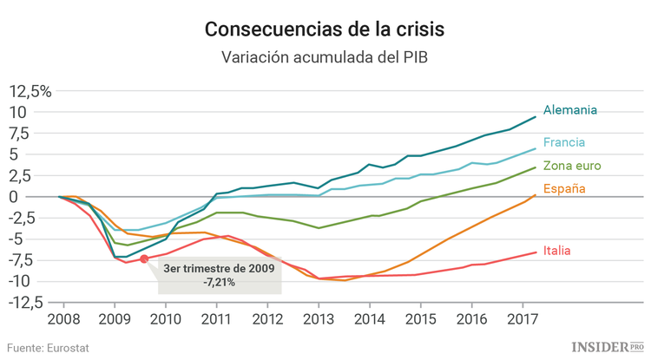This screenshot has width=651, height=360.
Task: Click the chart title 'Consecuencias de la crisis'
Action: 325,29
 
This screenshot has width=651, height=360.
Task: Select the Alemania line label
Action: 570,110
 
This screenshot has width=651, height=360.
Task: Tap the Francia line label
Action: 564,142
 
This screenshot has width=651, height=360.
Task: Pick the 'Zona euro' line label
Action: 572,166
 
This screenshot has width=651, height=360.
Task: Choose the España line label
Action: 564,188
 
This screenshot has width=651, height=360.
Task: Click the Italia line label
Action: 557,251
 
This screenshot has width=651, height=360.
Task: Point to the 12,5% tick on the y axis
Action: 30,91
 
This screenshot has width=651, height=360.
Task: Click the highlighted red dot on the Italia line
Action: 144,259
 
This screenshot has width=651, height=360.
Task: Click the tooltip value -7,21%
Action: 219,283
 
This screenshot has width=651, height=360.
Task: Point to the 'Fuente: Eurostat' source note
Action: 49,348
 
